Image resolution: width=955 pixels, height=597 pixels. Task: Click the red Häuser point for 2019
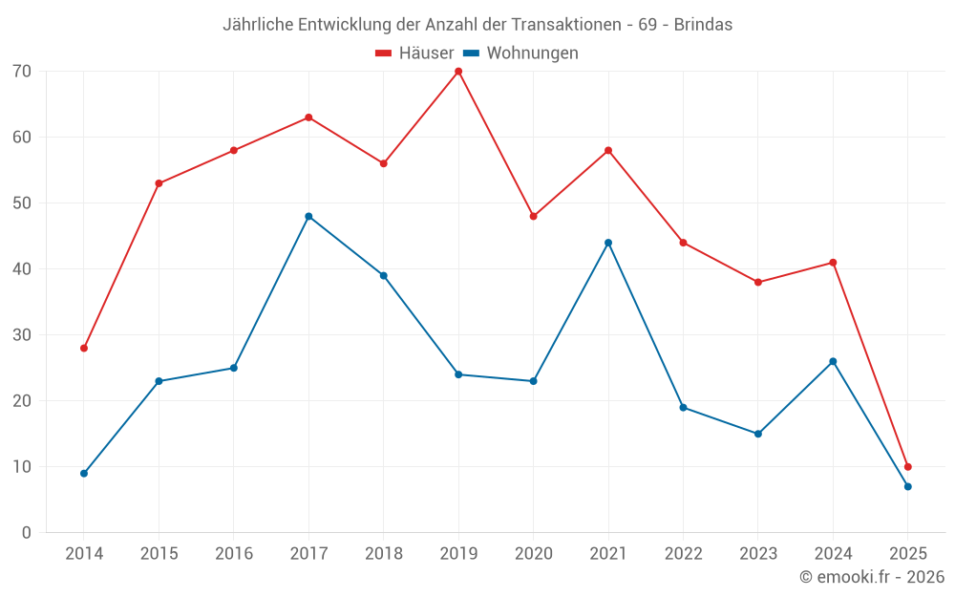point(458,72)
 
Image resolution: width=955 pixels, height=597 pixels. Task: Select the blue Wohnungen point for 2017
point(308,217)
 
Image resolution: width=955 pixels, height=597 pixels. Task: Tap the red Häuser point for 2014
point(84,349)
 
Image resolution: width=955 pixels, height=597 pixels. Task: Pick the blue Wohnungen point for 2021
point(608,243)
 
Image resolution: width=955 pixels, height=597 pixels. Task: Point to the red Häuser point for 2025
point(907,467)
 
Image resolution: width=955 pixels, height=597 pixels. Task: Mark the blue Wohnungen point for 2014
point(84,474)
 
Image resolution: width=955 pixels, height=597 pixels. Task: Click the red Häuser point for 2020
point(533,217)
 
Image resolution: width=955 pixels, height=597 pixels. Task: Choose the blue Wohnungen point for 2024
point(833,362)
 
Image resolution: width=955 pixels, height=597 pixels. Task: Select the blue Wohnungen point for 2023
point(758,435)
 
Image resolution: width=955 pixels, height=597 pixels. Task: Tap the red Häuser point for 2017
point(308,117)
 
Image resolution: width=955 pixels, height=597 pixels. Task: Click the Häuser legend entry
point(414,53)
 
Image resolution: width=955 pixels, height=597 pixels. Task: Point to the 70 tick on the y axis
point(22,72)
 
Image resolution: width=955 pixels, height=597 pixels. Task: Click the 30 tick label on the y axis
point(22,335)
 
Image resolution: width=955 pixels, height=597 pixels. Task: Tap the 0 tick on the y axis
point(27,533)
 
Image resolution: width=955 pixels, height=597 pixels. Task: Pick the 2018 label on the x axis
point(383,554)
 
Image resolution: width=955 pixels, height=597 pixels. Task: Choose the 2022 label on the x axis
point(683,554)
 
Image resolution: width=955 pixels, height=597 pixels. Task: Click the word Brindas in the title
point(703,25)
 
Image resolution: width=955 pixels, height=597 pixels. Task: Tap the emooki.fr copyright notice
point(872,577)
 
